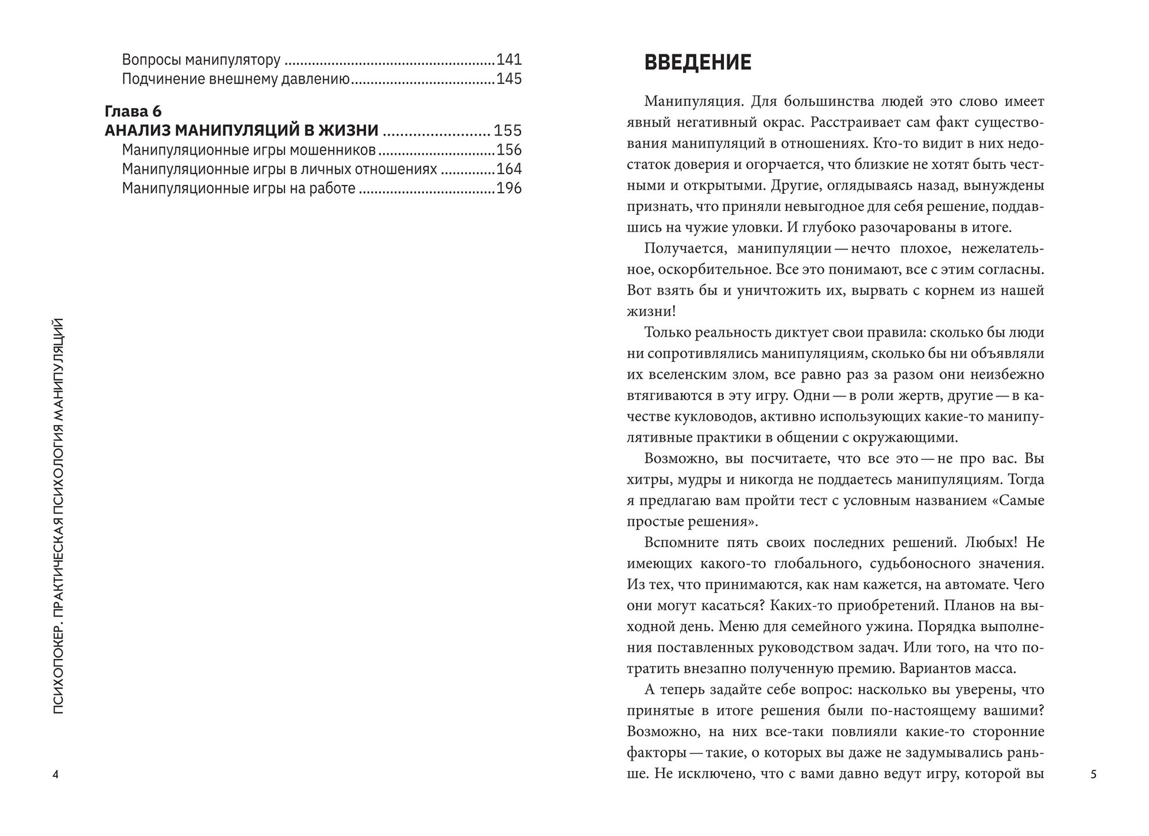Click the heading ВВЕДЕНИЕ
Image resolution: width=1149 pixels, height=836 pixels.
point(697,63)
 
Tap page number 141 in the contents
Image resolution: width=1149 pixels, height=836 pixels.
point(509,60)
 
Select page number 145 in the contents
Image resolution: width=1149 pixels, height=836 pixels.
point(509,79)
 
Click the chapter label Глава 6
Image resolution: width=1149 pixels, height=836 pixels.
point(133,111)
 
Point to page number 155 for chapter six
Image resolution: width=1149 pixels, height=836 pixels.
point(508,130)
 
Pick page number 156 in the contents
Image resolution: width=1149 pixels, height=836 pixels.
point(509,150)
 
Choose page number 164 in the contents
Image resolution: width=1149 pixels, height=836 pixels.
point(509,169)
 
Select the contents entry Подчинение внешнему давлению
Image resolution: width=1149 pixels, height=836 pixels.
point(236,79)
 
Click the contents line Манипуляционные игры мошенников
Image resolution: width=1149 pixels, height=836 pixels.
point(249,150)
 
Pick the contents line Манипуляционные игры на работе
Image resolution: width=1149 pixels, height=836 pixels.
point(239,188)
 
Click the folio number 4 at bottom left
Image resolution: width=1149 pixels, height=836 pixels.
point(56,775)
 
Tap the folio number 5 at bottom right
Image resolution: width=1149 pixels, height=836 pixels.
point(1093,775)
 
